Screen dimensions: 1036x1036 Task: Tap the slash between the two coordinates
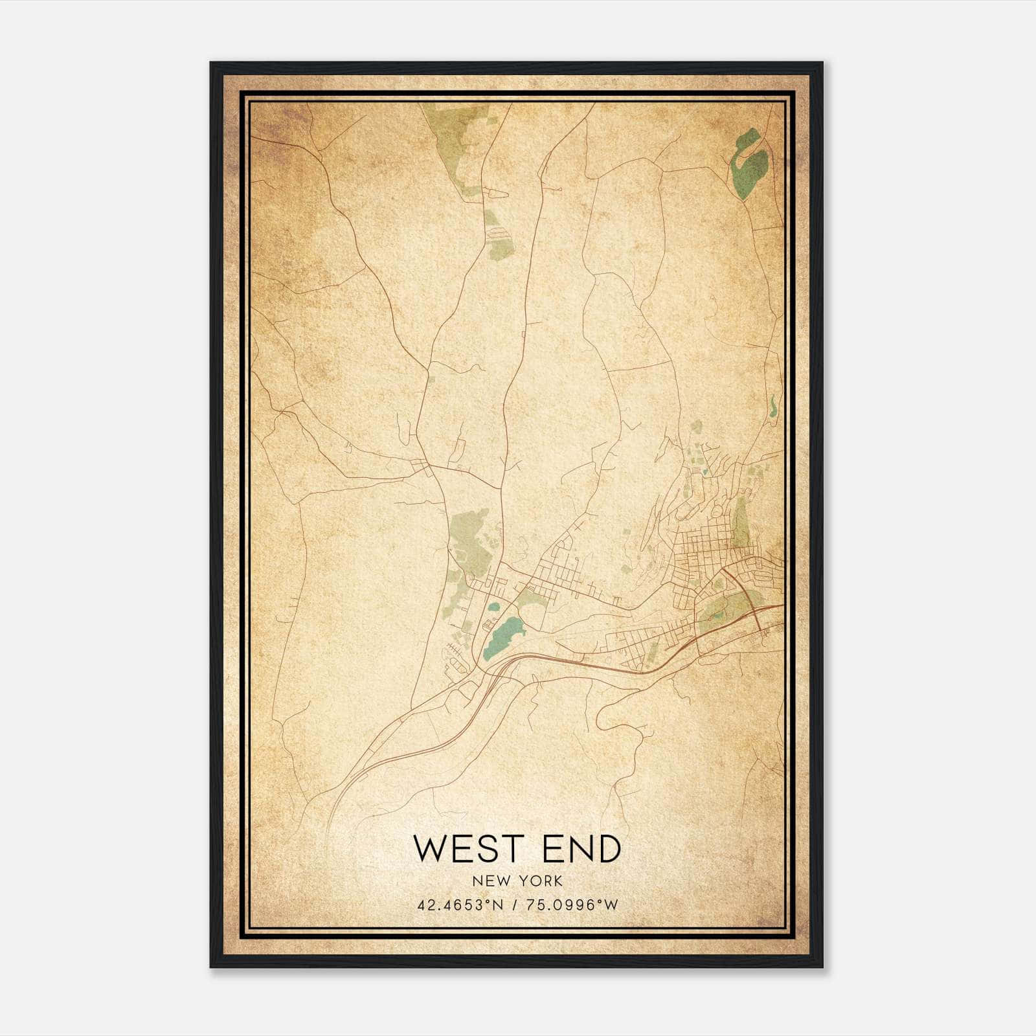(x=515, y=905)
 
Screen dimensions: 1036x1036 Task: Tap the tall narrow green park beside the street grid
(x=740, y=525)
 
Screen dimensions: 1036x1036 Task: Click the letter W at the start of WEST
(x=429, y=849)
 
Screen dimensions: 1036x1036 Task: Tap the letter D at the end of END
(x=609, y=849)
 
